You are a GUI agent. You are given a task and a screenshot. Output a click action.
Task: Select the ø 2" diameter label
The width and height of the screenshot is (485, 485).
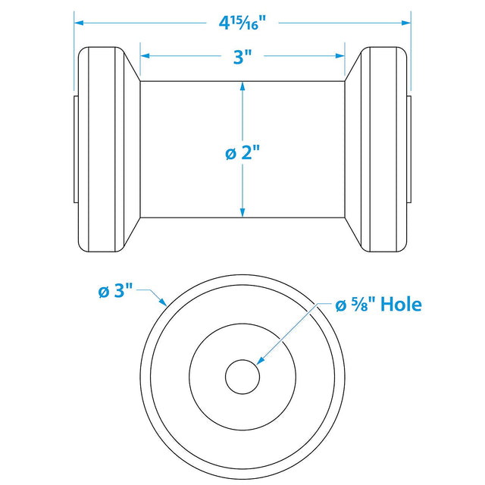point(242,152)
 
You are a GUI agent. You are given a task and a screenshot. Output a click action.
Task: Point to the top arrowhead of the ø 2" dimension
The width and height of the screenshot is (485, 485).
point(242,86)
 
